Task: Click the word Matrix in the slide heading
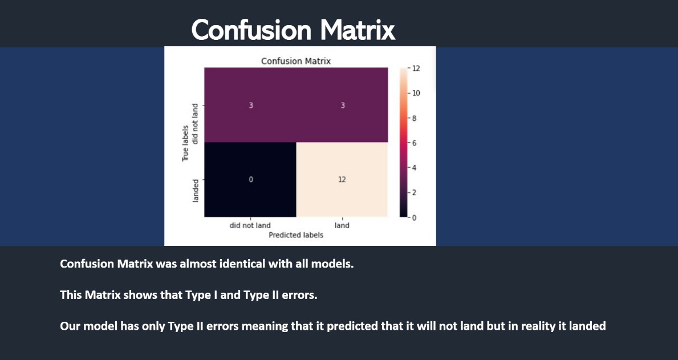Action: point(358,30)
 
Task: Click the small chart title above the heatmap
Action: point(296,61)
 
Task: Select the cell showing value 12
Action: point(342,179)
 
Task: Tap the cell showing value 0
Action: point(250,179)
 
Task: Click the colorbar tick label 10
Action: point(416,93)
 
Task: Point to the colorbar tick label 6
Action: point(414,143)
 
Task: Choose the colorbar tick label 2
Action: point(414,192)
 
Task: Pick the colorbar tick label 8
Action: point(414,118)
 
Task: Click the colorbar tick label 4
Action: point(414,168)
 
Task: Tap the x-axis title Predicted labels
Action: point(296,235)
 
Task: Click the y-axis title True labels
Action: point(185,143)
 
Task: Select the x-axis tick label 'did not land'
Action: point(250,225)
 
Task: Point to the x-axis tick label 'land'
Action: point(342,225)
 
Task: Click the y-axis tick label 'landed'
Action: point(196,191)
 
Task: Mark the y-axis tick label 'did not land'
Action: point(195,124)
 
